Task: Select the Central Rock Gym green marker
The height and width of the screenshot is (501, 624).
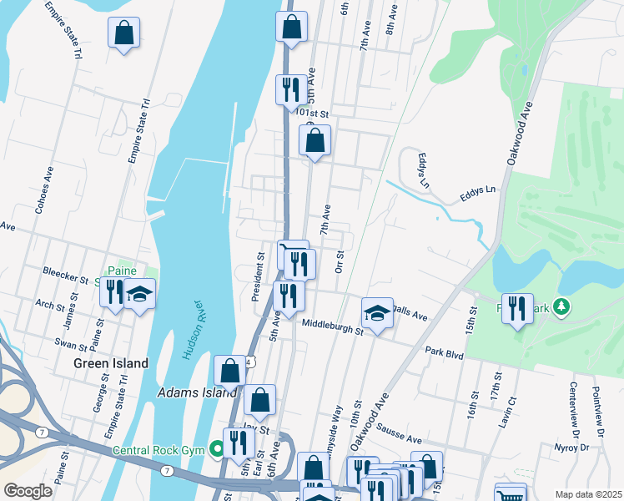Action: click(217, 449)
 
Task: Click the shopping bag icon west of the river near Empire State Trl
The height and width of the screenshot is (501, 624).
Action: click(123, 33)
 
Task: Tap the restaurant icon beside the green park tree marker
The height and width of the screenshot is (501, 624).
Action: click(518, 309)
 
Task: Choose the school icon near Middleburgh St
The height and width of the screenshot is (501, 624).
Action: click(377, 314)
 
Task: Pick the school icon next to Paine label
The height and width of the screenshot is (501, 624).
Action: click(140, 293)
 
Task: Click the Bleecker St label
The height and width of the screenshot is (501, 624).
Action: click(67, 273)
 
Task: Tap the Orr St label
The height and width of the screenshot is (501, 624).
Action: click(339, 261)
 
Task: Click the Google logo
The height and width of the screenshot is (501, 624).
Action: click(28, 491)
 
